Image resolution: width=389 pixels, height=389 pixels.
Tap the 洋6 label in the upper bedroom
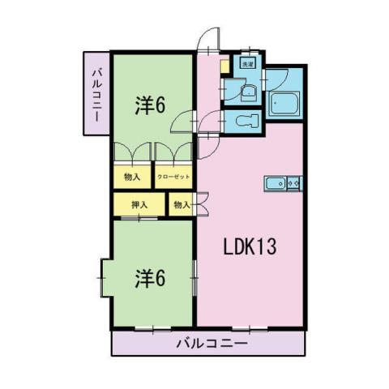[151, 106]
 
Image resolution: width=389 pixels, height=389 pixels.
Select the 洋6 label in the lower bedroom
[151, 277]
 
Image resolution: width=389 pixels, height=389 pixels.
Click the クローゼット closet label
[173, 177]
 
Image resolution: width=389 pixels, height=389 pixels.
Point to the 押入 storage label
[139, 204]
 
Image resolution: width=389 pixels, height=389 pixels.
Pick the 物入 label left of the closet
[132, 177]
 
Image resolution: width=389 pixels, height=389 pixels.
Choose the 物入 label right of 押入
[181, 204]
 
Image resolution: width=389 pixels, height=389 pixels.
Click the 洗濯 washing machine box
[245, 63]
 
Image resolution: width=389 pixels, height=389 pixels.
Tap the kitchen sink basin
[273, 184]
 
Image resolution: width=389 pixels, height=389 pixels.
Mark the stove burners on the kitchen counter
[293, 184]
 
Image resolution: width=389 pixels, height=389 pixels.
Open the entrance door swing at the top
[209, 42]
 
